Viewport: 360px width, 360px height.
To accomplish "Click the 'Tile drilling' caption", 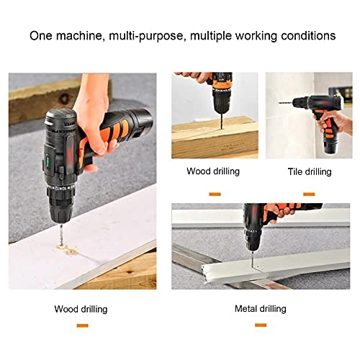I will pyautogui.click(x=308, y=172).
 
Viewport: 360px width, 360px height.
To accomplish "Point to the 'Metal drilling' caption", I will pyautogui.click(x=260, y=309).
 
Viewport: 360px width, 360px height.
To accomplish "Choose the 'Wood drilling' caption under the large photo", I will pyautogui.click(x=81, y=309).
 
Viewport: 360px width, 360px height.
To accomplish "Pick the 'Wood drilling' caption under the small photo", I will pyautogui.click(x=213, y=171).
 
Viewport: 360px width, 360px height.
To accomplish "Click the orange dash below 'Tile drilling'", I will pyautogui.click(x=308, y=193).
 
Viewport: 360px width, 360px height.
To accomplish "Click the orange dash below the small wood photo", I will pyautogui.click(x=214, y=193).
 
